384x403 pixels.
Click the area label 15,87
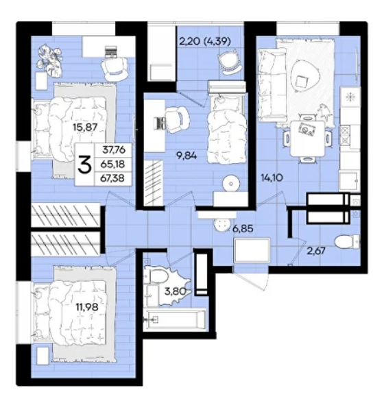click(x=86, y=127)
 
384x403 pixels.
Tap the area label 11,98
click(x=87, y=306)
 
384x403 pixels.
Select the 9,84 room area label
click(x=187, y=156)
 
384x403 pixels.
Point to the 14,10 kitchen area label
click(x=272, y=177)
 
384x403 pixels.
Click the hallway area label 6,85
click(x=243, y=228)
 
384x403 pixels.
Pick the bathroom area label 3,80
click(x=175, y=291)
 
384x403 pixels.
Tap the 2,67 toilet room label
click(x=316, y=250)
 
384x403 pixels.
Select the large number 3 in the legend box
click(x=84, y=164)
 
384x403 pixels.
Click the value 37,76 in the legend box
click(x=113, y=149)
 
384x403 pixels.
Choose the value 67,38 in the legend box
click(x=112, y=178)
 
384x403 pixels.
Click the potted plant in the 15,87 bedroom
click(x=49, y=60)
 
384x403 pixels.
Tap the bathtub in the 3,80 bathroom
click(x=175, y=319)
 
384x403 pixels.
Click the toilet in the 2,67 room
click(x=348, y=242)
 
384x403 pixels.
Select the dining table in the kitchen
click(x=307, y=138)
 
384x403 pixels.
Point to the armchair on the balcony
click(x=230, y=62)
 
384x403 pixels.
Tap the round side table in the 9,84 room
click(x=231, y=184)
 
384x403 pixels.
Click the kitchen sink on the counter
click(x=348, y=180)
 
